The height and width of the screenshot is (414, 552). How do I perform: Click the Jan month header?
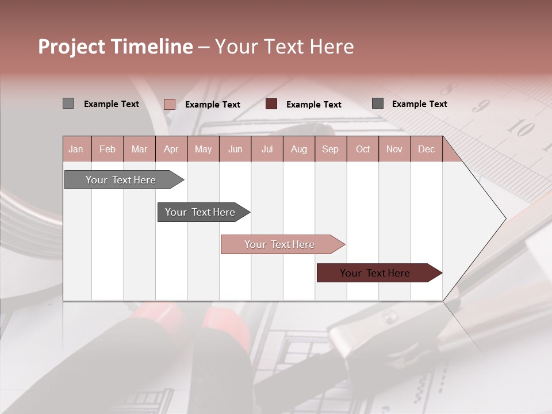(76, 149)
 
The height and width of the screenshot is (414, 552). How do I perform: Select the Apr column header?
(171, 149)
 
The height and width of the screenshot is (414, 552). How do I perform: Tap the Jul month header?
(267, 149)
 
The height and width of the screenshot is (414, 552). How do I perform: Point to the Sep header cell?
(330, 149)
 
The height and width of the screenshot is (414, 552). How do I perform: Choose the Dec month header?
(426, 149)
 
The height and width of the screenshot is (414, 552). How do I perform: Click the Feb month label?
(108, 149)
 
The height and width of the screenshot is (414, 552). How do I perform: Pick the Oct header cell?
(363, 149)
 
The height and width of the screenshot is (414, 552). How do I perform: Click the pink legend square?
(169, 104)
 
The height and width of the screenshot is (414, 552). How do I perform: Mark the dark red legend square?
(271, 104)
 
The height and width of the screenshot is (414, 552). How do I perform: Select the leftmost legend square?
(68, 103)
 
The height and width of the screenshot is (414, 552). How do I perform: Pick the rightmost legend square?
(378, 103)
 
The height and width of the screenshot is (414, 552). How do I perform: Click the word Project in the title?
(72, 47)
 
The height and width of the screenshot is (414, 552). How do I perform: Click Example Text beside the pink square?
(212, 105)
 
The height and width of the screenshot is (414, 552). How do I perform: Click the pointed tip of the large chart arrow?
(504, 218)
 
